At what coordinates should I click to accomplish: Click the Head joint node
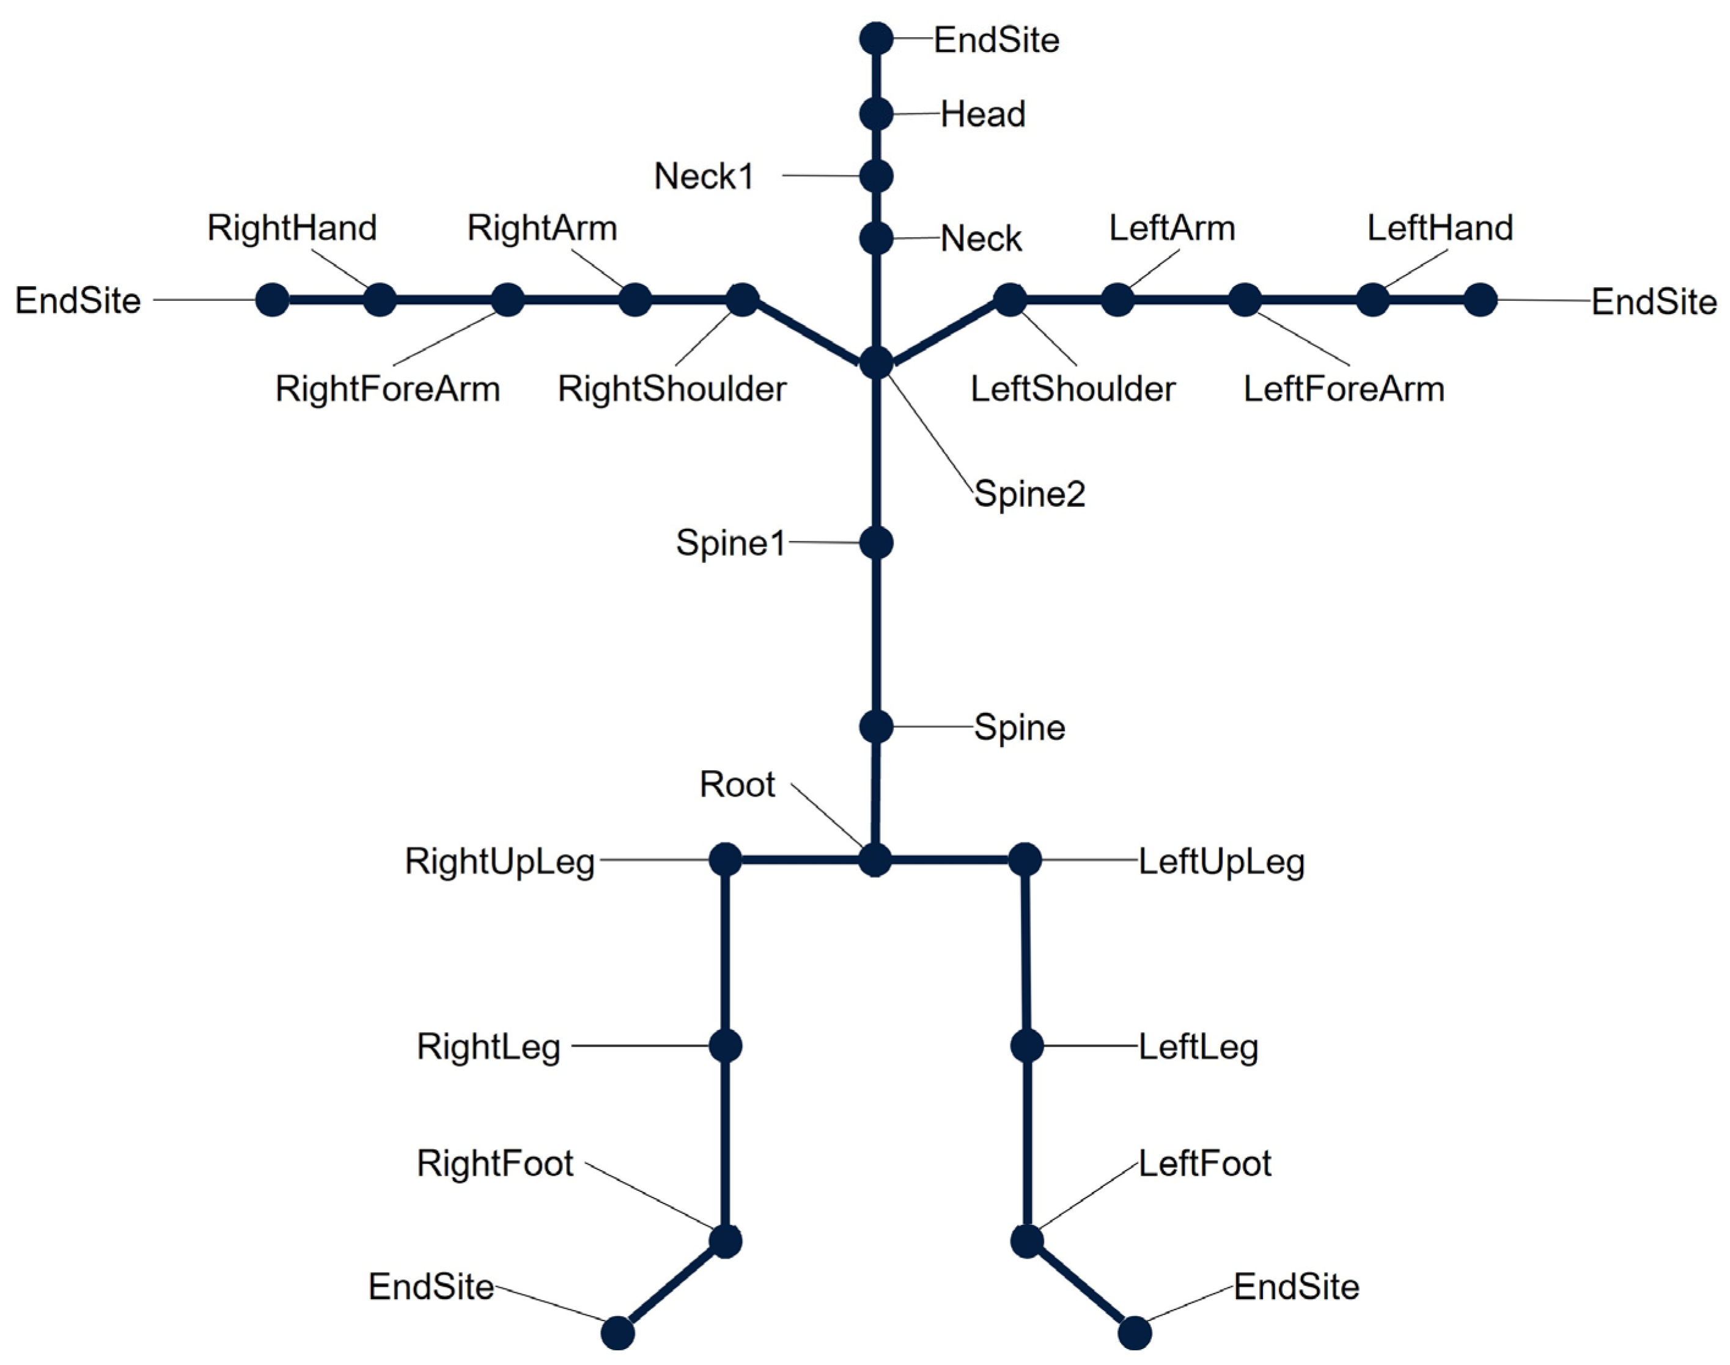pos(876,114)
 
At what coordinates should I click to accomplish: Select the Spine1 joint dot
pos(876,543)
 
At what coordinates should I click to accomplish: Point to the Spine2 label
pos(1029,494)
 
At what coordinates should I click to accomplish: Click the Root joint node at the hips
pos(875,860)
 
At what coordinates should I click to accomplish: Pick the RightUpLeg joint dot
pos(726,860)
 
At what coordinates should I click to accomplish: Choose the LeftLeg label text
pos(1198,1047)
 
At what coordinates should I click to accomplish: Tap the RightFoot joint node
pos(726,1241)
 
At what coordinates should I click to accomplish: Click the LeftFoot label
pos(1204,1164)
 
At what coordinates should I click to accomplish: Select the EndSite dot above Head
pos(876,39)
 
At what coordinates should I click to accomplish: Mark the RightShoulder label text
pos(672,389)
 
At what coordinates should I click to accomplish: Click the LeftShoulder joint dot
pos(1010,301)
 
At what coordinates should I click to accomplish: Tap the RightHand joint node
pos(380,301)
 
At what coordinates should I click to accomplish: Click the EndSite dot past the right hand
pos(273,301)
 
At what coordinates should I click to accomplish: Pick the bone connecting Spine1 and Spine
pos(876,635)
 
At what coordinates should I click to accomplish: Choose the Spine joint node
pos(876,727)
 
